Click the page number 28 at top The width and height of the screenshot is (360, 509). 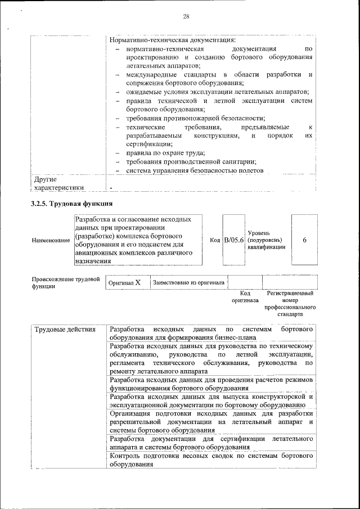[186, 16]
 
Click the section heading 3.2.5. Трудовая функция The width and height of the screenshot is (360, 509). [72, 203]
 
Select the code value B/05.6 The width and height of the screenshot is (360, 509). [233, 240]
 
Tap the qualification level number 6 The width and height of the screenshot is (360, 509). [304, 240]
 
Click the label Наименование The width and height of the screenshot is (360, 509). [51, 241]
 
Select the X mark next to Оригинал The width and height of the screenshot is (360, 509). [137, 282]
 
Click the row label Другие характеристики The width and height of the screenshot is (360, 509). [58, 183]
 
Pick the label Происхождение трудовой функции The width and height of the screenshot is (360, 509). [65, 282]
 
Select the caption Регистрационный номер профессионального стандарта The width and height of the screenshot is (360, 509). [290, 304]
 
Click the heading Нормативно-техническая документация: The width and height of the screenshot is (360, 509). [172, 40]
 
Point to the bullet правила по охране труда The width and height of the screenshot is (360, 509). [165, 153]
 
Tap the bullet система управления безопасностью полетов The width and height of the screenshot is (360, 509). [194, 171]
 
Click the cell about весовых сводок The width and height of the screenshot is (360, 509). [211, 460]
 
